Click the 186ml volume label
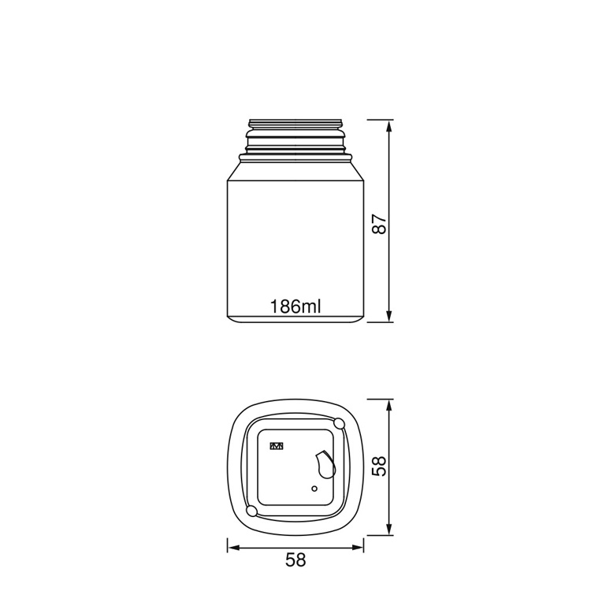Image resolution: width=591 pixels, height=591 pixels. tap(295, 307)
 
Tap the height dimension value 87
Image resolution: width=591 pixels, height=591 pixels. tap(380, 222)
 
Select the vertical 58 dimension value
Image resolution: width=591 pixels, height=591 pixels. tap(380, 466)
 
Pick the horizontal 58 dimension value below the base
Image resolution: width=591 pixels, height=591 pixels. tap(295, 560)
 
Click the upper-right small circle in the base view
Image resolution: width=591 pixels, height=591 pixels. tap(340, 424)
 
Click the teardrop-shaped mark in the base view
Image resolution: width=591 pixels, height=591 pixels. tap(325, 464)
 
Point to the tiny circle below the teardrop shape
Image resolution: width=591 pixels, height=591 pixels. tap(314, 489)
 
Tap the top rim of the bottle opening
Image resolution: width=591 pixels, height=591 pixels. tap(295, 122)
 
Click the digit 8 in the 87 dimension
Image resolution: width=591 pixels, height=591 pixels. tap(380, 229)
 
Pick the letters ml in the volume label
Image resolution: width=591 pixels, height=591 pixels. tap(312, 307)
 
